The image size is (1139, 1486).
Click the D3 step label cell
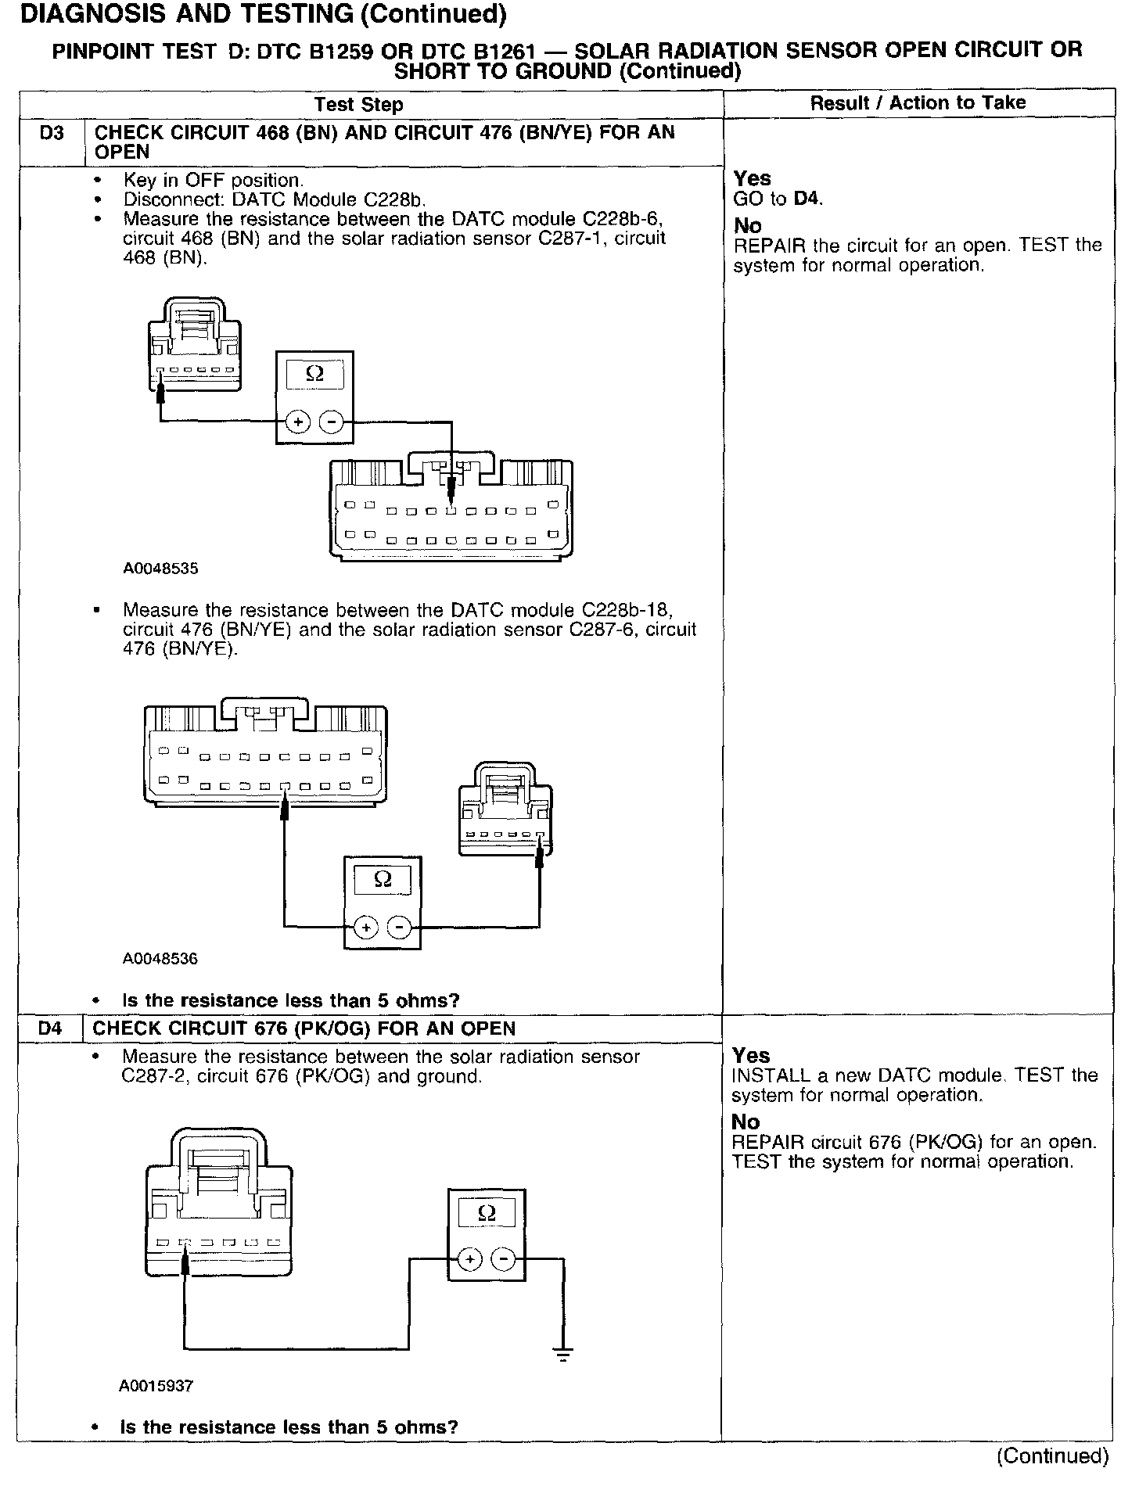pyautogui.click(x=51, y=133)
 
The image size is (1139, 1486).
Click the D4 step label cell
pyautogui.click(x=50, y=1028)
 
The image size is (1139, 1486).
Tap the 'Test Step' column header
pyautogui.click(x=358, y=104)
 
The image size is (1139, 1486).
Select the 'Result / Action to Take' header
pyautogui.click(x=918, y=102)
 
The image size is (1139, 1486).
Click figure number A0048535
pyautogui.click(x=160, y=569)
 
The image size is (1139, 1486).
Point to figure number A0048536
pyautogui.click(x=160, y=958)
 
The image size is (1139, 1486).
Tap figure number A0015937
pyautogui.click(x=156, y=1386)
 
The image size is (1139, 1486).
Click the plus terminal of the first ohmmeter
pyautogui.click(x=297, y=422)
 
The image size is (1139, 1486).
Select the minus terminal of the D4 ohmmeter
pyautogui.click(x=504, y=1258)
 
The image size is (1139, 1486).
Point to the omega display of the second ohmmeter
pyautogui.click(x=383, y=880)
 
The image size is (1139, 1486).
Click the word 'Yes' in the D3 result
pyautogui.click(x=752, y=178)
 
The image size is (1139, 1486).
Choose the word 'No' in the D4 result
pyautogui.click(x=746, y=1122)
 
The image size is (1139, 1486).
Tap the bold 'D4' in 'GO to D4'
pyautogui.click(x=807, y=199)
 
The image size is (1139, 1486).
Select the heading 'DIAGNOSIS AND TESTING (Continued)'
pyautogui.click(x=263, y=14)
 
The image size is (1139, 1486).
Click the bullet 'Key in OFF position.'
pyautogui.click(x=213, y=181)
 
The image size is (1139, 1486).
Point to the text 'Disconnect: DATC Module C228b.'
pyautogui.click(x=275, y=199)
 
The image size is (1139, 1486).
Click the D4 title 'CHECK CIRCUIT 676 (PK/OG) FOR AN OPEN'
pyautogui.click(x=304, y=1028)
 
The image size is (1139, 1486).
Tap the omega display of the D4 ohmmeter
pyautogui.click(x=486, y=1213)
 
